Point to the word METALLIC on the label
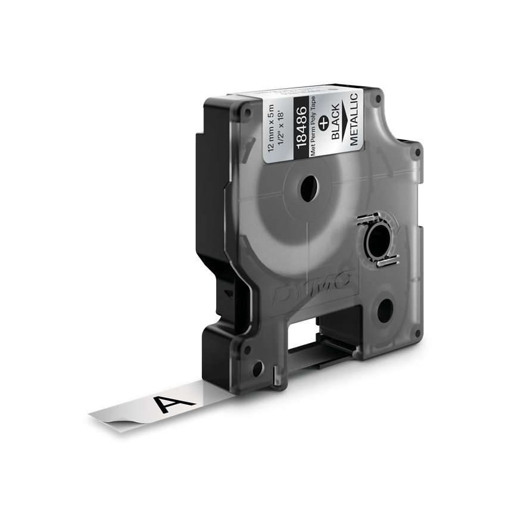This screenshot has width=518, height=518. pyautogui.click(x=354, y=119)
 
